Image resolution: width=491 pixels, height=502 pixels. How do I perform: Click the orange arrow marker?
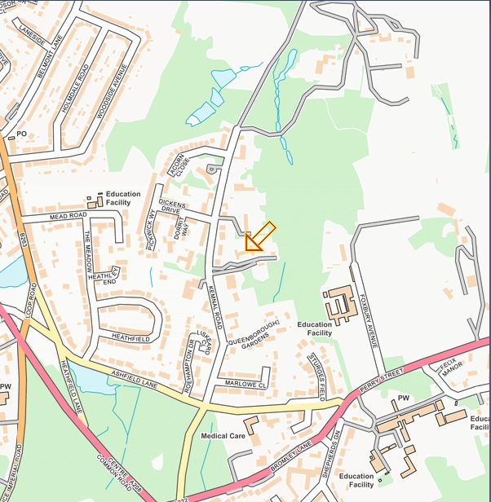click(x=259, y=236)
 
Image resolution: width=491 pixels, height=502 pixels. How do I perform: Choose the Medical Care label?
click(x=223, y=436)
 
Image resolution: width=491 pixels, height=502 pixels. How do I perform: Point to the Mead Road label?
click(x=68, y=216)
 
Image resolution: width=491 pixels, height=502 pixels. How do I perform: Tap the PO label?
click(x=22, y=134)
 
